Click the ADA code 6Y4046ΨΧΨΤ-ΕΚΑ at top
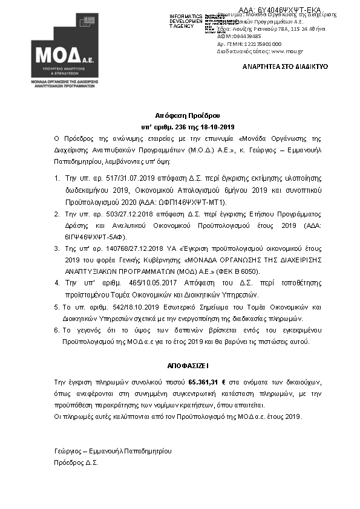tap(280, 10)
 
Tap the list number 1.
tap(56, 178)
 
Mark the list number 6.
tap(56, 330)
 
